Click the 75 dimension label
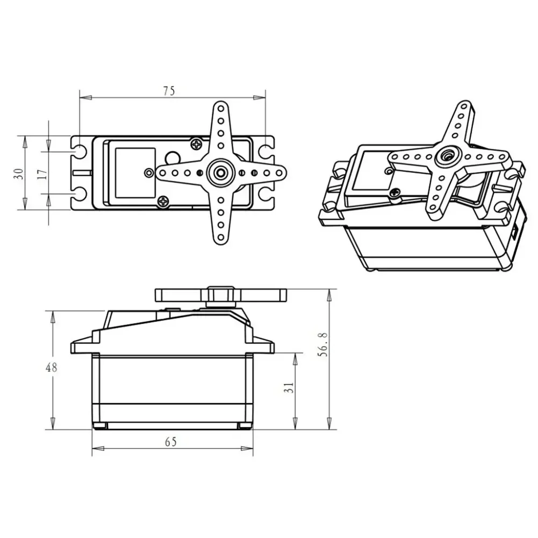click(x=169, y=91)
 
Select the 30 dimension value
click(x=19, y=173)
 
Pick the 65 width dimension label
click(x=170, y=442)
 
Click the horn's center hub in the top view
click(x=220, y=173)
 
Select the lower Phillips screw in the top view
click(x=164, y=202)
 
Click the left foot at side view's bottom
click(x=99, y=426)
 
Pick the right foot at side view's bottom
click(x=245, y=426)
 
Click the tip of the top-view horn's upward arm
click(x=220, y=107)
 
